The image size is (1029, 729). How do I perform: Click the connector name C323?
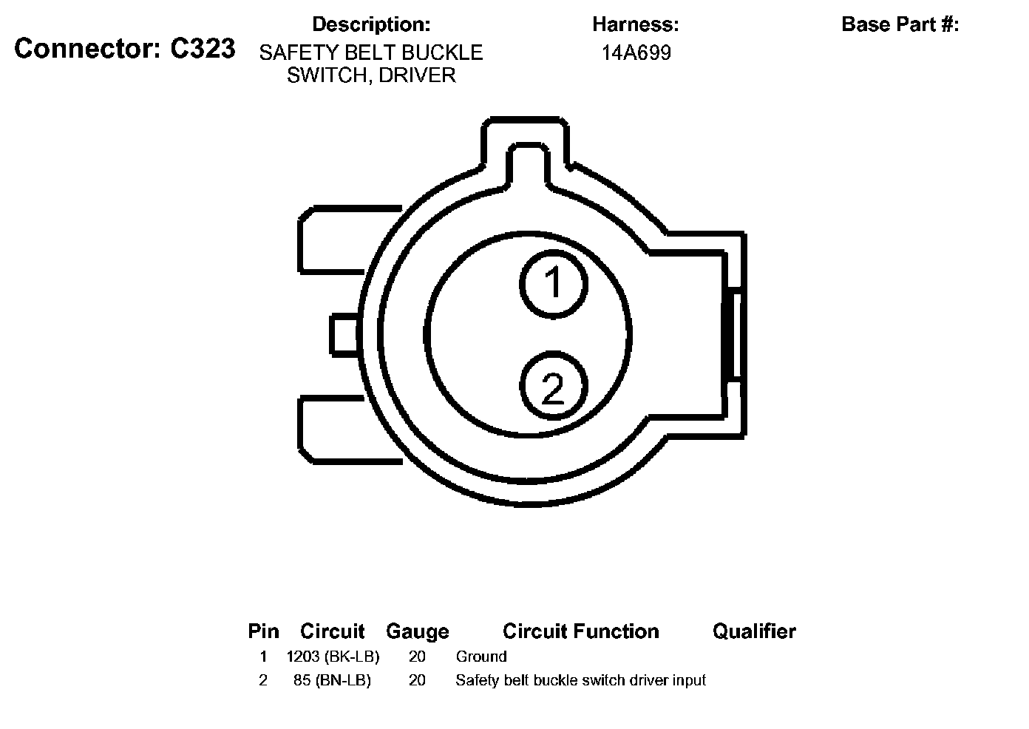[x=203, y=48]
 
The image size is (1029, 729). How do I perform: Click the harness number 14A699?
[x=636, y=52]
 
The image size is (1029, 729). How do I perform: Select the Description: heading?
[x=371, y=24]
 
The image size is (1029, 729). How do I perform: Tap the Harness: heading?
[x=635, y=24]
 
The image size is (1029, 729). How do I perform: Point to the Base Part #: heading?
[x=900, y=24]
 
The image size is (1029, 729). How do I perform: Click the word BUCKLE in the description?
[x=442, y=52]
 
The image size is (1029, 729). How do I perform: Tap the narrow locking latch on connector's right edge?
[x=734, y=334]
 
